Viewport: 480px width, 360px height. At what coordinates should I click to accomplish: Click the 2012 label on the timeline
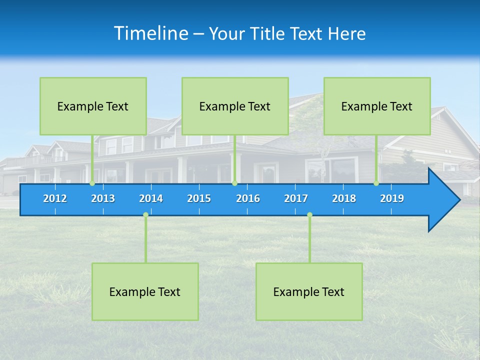point(55,198)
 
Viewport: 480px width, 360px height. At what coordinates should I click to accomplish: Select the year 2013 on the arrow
point(103,198)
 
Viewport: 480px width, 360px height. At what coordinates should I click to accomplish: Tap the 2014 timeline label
point(151,198)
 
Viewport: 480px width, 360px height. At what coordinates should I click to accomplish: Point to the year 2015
point(199,198)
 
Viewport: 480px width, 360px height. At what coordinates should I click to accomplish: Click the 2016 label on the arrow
point(248,198)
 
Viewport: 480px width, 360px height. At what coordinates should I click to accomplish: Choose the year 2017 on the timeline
point(296,198)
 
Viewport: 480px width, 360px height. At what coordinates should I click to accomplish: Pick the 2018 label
point(344,198)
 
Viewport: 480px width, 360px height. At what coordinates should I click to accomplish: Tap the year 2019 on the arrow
point(392,198)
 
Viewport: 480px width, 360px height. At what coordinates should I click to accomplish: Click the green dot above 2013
point(92,183)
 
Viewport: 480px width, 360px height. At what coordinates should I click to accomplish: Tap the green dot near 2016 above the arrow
point(234,183)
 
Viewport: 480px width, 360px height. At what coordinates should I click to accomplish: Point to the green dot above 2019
point(376,183)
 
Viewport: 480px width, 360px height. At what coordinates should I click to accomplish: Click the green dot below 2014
point(145,215)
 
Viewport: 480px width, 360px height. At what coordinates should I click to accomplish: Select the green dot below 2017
point(309,215)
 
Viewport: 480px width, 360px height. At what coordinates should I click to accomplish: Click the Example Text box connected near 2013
point(93,106)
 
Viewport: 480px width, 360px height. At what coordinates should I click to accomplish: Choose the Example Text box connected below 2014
point(145,291)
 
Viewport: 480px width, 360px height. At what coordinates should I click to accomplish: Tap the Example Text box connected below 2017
point(309,291)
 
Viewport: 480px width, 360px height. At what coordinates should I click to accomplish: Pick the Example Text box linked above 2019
point(377,106)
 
